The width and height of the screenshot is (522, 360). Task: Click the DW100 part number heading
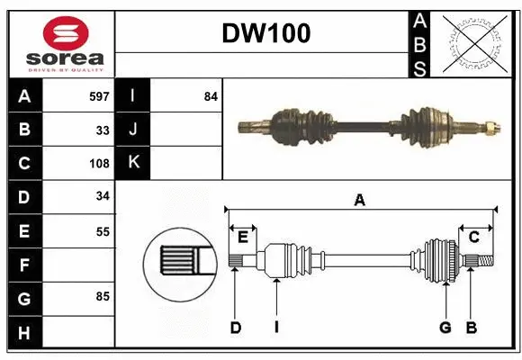pyautogui.click(x=266, y=34)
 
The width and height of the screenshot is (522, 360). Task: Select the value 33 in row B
pyautogui.click(x=102, y=130)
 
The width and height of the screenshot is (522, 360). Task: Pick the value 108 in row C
pyautogui.click(x=99, y=164)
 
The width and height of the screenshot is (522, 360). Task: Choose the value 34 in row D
pyautogui.click(x=102, y=197)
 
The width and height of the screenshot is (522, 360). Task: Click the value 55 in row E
pyautogui.click(x=102, y=231)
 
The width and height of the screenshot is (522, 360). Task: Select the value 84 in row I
pyautogui.click(x=211, y=96)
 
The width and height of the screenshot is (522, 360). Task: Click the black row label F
pyautogui.click(x=24, y=265)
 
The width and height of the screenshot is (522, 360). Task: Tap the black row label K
pyautogui.click(x=133, y=163)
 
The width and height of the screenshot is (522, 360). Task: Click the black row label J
pyautogui.click(x=133, y=130)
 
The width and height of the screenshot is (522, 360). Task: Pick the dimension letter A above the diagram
pyautogui.click(x=359, y=200)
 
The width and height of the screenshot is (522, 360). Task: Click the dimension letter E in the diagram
pyautogui.click(x=243, y=238)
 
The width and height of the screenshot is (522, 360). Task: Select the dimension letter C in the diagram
pyautogui.click(x=473, y=238)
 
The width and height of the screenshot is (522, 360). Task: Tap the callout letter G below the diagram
pyautogui.click(x=445, y=328)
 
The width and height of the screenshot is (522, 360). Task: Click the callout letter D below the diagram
pyautogui.click(x=235, y=328)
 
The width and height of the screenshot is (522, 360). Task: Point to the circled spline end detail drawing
pyautogui.click(x=178, y=263)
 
